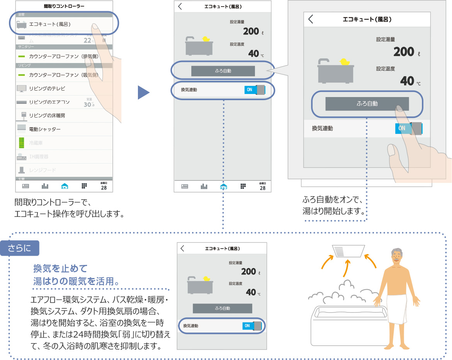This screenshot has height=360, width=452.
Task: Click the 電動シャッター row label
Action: (x=45, y=129)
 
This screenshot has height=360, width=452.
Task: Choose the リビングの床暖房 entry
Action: (x=47, y=116)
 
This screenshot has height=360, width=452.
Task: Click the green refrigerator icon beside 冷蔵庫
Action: (x=22, y=143)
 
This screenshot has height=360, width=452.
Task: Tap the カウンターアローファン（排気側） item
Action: (x=63, y=56)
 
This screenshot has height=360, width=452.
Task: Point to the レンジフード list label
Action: (x=42, y=170)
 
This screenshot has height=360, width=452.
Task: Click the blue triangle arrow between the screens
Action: (x=143, y=92)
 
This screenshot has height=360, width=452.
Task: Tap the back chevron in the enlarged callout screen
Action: (x=311, y=19)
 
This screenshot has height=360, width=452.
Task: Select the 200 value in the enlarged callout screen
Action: (x=403, y=51)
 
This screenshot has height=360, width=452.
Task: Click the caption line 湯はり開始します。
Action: (x=334, y=212)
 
